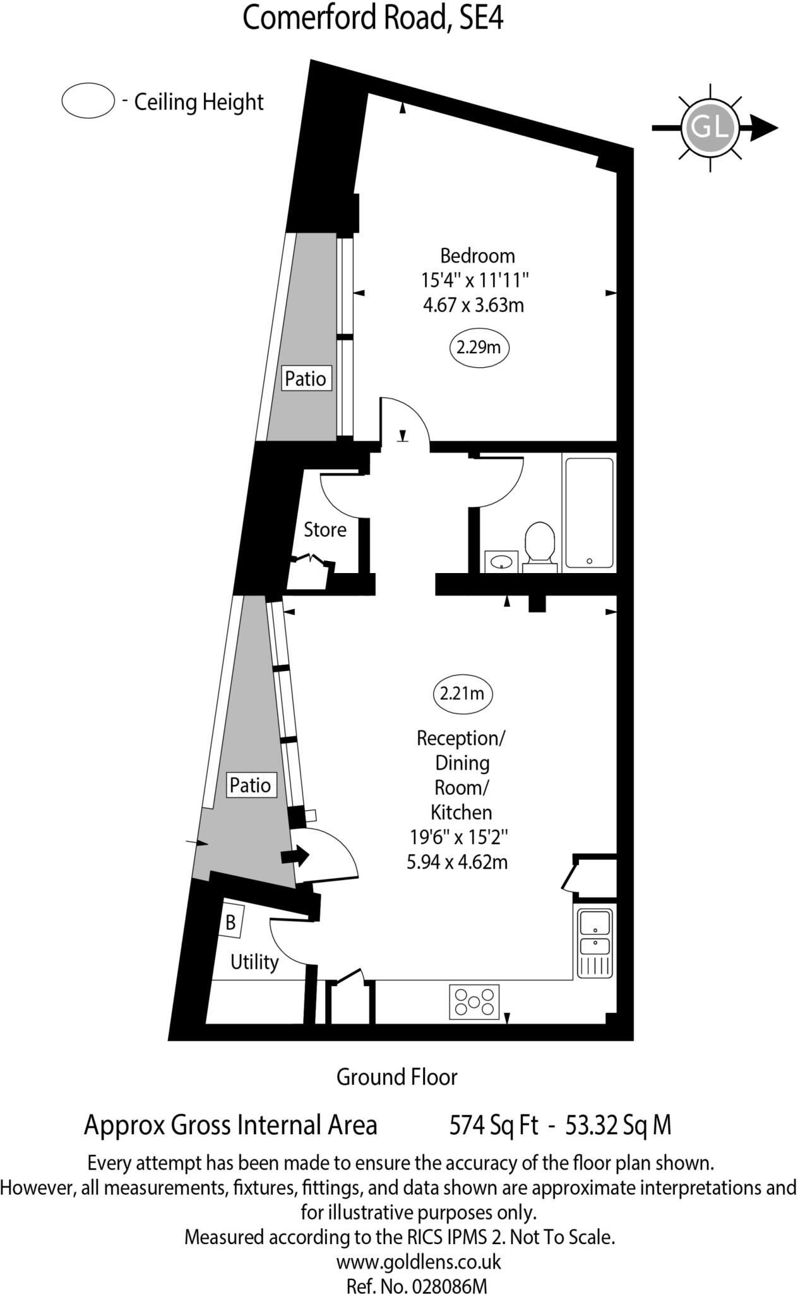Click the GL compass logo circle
click(710, 127)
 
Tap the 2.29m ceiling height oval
click(479, 347)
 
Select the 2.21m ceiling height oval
click(462, 693)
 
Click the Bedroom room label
click(477, 256)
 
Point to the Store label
click(325, 529)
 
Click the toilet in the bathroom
click(539, 543)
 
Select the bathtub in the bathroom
click(589, 512)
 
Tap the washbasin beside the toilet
click(502, 560)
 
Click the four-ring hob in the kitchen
click(474, 1001)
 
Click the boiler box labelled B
click(231, 923)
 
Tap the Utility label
click(254, 962)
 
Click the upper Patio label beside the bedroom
click(306, 378)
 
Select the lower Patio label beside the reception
click(250, 785)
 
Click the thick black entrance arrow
click(294, 857)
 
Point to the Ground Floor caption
click(396, 1077)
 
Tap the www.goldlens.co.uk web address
click(418, 1244)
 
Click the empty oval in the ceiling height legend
click(88, 101)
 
